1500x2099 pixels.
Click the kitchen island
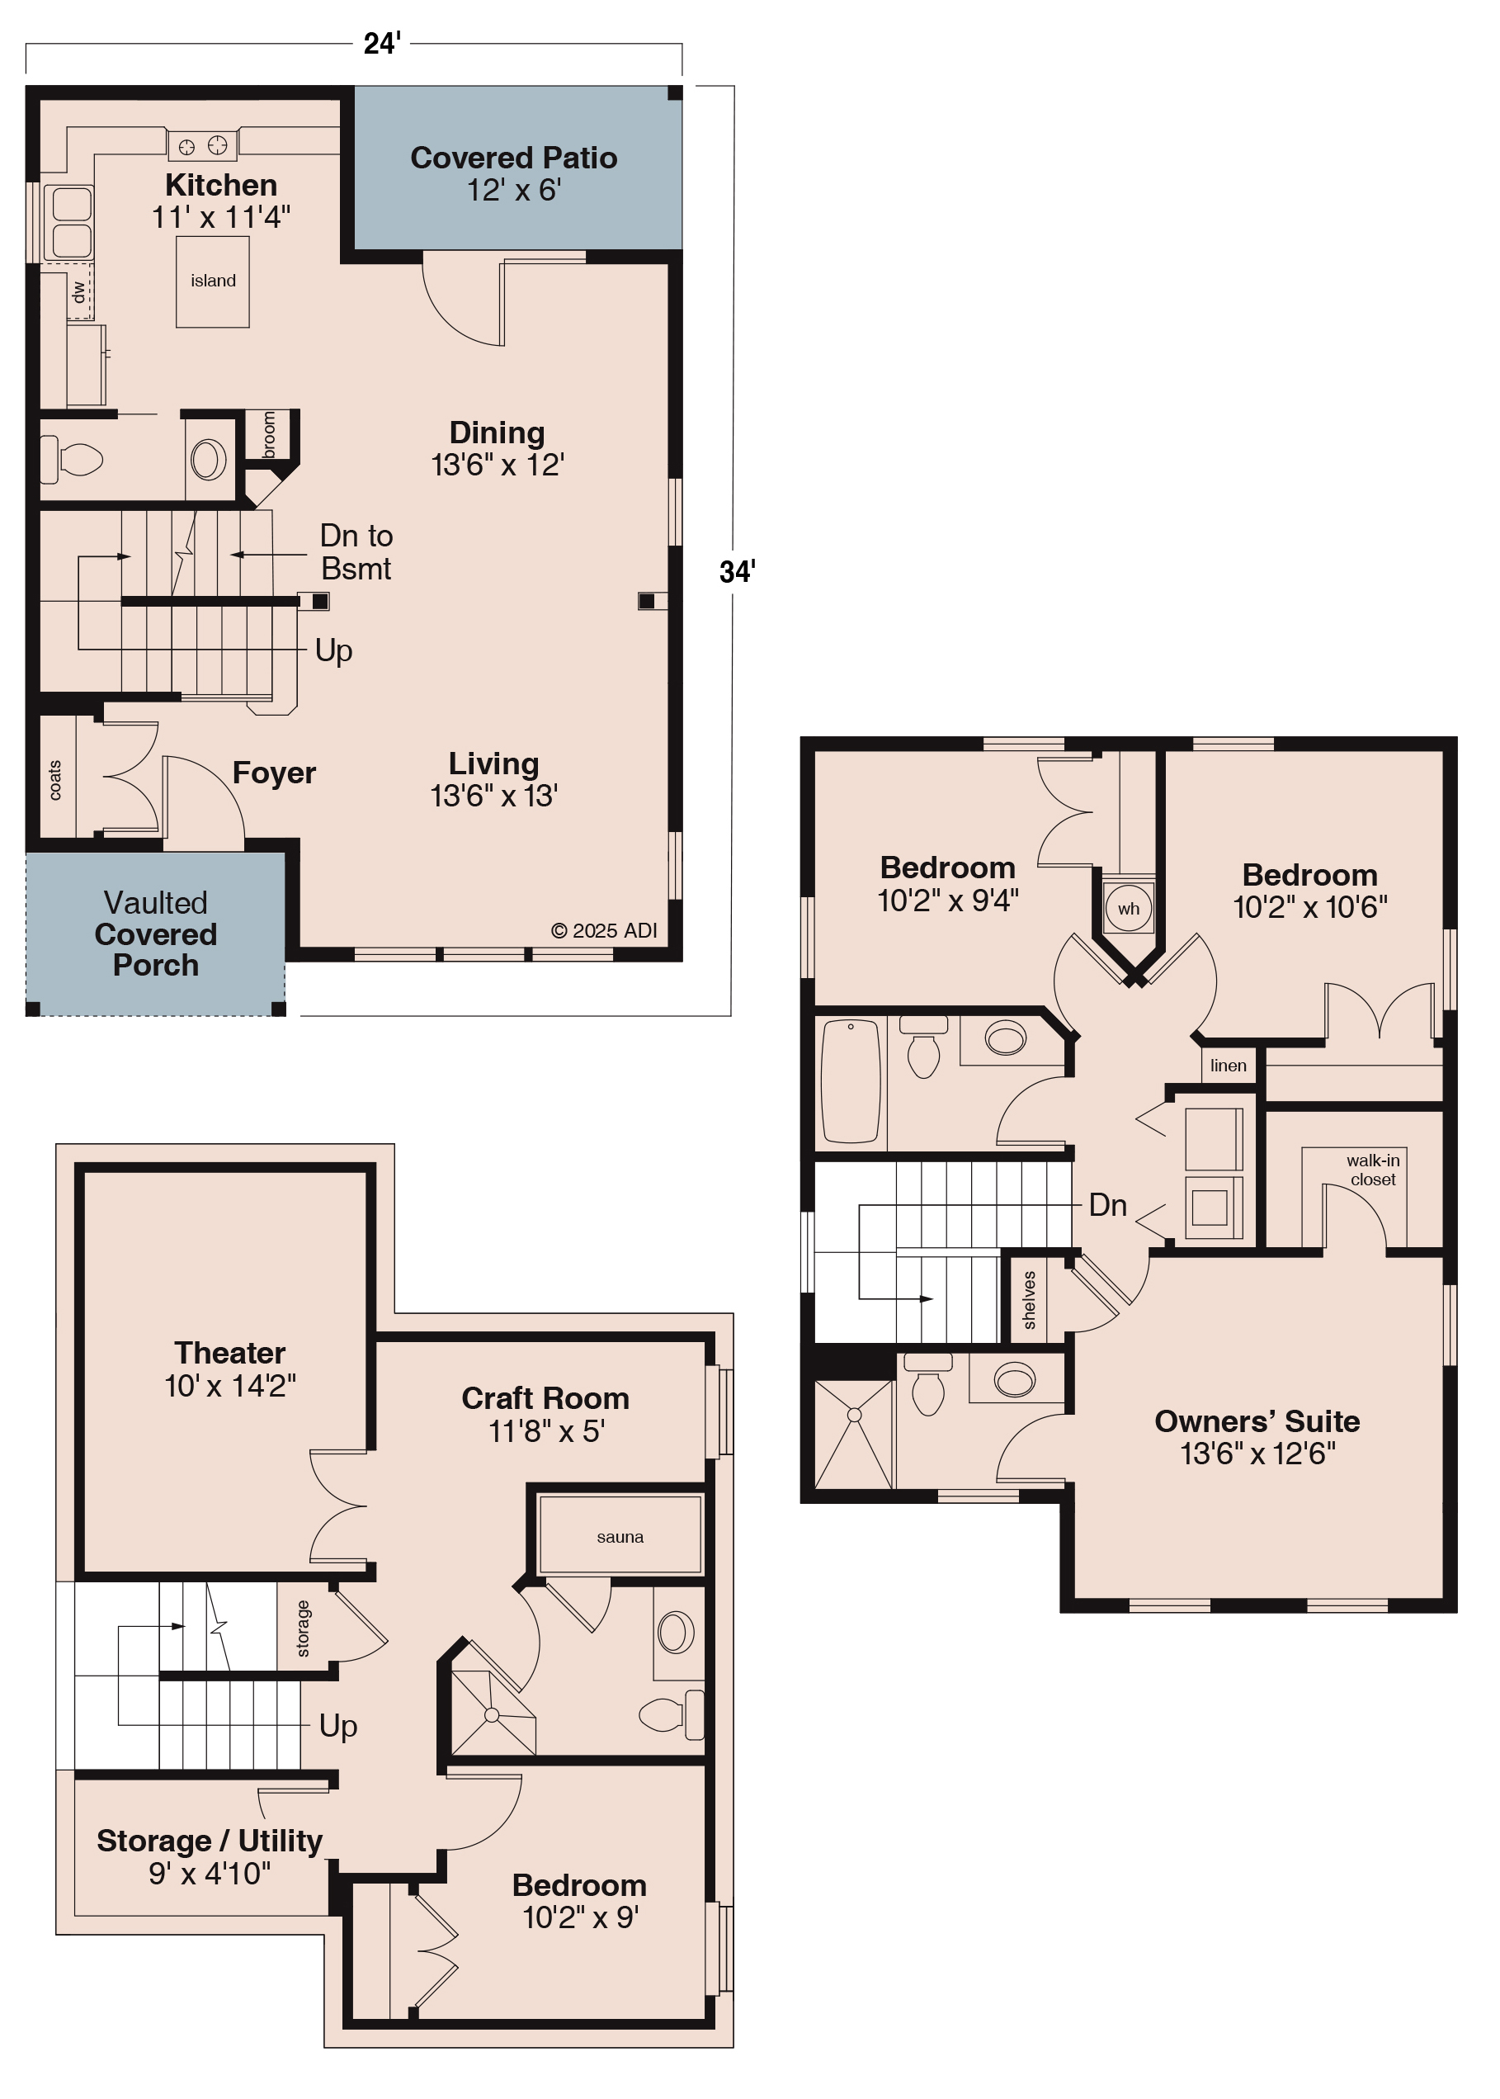pyautogui.click(x=212, y=281)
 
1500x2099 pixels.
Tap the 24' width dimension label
pyautogui.click(x=381, y=44)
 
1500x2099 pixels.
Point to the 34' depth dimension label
pyautogui.click(x=737, y=572)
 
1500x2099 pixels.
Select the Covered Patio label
pyautogui.click(x=513, y=173)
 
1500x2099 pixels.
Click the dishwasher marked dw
pyautogui.click(x=79, y=291)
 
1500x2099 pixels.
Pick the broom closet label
pyautogui.click(x=269, y=434)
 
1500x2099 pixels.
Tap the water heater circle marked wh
pyautogui.click(x=1128, y=908)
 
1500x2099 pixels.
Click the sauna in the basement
pyautogui.click(x=620, y=1536)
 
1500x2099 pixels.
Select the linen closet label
pyautogui.click(x=1228, y=1066)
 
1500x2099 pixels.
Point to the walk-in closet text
pyautogui.click(x=1373, y=1170)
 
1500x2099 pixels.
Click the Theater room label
pyautogui.click(x=230, y=1369)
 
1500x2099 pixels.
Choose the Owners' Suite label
pyautogui.click(x=1257, y=1436)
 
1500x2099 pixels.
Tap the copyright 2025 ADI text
pyautogui.click(x=604, y=930)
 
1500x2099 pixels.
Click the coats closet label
pyautogui.click(x=55, y=780)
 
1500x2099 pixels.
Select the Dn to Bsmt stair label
pyautogui.click(x=356, y=551)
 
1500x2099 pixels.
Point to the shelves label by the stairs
pyautogui.click(x=1030, y=1300)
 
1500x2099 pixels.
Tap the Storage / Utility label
pyautogui.click(x=210, y=1857)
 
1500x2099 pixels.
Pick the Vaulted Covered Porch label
pyautogui.click(x=155, y=933)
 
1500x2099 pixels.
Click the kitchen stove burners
pyautogui.click(x=202, y=145)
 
